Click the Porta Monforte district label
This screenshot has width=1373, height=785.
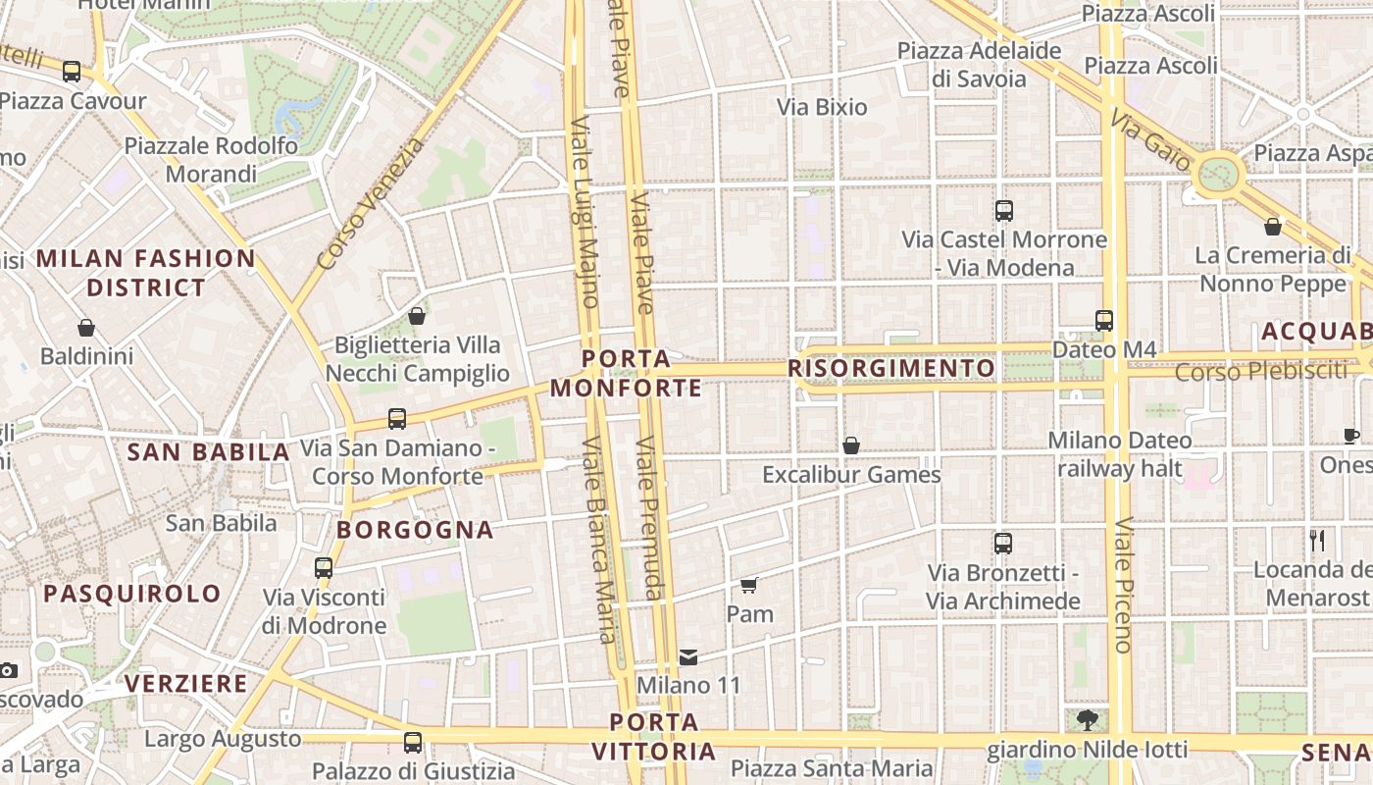click(x=626, y=374)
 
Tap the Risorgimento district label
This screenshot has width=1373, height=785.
click(x=891, y=368)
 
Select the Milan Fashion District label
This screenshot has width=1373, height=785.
click(x=146, y=273)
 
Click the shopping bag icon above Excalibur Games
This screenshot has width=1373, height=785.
click(x=851, y=445)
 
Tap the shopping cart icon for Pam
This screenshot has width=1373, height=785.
click(x=749, y=586)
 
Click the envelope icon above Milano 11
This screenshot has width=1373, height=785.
click(x=688, y=656)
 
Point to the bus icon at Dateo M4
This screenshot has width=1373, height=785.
click(x=1104, y=320)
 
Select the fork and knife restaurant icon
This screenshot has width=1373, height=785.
click(x=1317, y=540)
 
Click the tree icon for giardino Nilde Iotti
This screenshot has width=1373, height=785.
click(x=1087, y=720)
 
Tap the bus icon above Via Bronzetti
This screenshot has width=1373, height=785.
click(x=1003, y=543)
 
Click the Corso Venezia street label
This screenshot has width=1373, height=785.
click(x=372, y=203)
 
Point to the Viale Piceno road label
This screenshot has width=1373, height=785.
click(x=1124, y=584)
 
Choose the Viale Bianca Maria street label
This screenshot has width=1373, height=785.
click(x=600, y=539)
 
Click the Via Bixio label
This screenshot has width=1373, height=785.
click(x=822, y=107)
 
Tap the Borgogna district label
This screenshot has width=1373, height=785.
click(x=415, y=530)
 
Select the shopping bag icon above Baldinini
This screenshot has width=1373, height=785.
click(x=86, y=327)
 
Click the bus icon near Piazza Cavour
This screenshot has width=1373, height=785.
click(x=72, y=71)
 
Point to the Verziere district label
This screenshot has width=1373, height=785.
click(x=186, y=683)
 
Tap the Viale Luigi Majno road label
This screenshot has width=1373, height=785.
click(x=585, y=211)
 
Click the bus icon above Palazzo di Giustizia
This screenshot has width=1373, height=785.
click(x=413, y=743)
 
